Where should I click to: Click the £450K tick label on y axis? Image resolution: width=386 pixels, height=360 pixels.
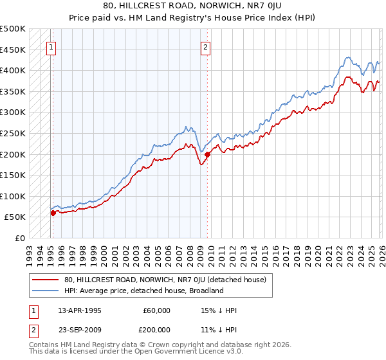pyautogui.click(x=13, y=50)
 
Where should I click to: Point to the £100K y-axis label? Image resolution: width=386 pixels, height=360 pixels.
pyautogui.click(x=13, y=196)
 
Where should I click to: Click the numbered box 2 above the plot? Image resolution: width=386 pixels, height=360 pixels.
pyautogui.click(x=205, y=46)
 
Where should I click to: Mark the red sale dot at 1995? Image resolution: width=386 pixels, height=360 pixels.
pyautogui.click(x=53, y=213)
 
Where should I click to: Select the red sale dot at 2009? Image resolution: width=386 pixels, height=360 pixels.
pyautogui.click(x=207, y=154)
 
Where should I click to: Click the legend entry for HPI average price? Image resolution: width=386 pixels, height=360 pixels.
pyautogui.click(x=143, y=291)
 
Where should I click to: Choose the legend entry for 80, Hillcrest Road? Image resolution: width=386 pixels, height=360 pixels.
pyautogui.click(x=169, y=280)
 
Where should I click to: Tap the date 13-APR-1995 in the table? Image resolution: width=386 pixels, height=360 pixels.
pyautogui.click(x=80, y=310)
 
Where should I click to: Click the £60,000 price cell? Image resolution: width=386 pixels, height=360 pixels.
pyautogui.click(x=156, y=310)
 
